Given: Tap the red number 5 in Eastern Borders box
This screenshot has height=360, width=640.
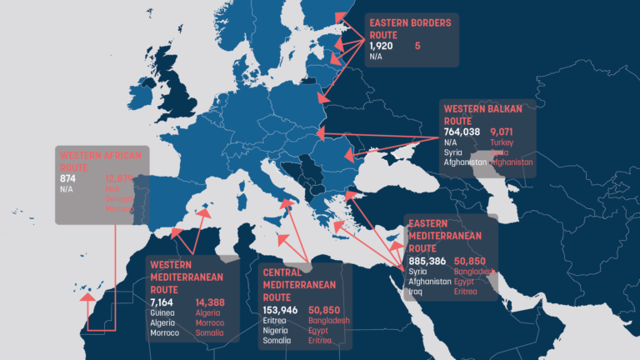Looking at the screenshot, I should coord(417,47).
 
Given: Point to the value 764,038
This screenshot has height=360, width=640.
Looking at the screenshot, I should coord(462,132).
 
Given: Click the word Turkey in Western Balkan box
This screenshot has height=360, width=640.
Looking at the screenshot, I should coord(502,142).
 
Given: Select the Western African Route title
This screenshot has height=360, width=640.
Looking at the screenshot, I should coord(101,160).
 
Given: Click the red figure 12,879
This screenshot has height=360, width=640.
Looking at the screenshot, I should coord(120,178).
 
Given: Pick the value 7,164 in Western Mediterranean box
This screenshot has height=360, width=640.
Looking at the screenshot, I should coord(164,302).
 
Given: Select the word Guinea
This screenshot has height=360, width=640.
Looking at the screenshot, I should coord(163,312).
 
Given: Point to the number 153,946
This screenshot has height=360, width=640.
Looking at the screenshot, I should coord(280,309).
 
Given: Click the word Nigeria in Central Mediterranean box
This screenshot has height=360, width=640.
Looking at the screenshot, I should coord(277,330).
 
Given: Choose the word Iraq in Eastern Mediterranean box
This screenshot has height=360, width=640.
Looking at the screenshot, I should coord(416,292).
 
